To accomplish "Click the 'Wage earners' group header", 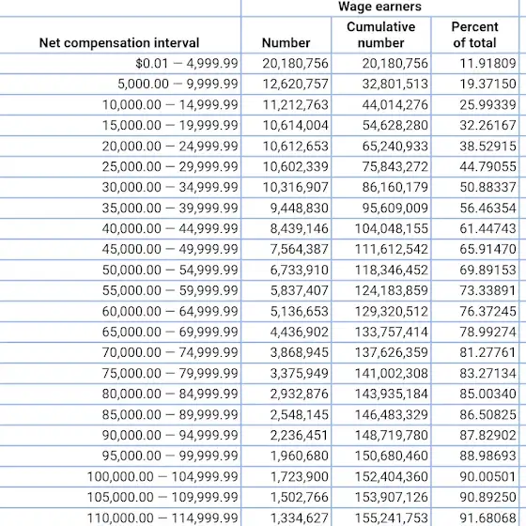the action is tap(379, 7).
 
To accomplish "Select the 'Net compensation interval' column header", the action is tap(119, 42).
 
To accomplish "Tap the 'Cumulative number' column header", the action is tap(380, 35).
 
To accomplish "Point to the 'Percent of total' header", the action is tap(474, 35).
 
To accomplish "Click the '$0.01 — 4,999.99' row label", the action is tap(187, 63).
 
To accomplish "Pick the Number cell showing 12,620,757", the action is tap(295, 84).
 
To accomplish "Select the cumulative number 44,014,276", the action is tap(394, 104).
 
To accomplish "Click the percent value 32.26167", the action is tap(487, 125).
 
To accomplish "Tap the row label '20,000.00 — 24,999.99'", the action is tap(170, 146).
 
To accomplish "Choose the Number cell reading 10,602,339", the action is tap(295, 166).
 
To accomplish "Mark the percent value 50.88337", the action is tap(487, 187).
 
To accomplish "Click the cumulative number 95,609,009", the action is tap(394, 208).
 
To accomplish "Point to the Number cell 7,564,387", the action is tap(300, 249).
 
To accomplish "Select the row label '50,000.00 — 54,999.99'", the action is tap(170, 270).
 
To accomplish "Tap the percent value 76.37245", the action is tap(487, 311).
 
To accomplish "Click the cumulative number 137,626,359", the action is tap(392, 352).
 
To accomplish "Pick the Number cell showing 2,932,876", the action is tap(300, 394).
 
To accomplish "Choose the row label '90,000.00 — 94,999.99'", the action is tap(170, 435).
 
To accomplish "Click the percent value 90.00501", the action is tap(487, 476).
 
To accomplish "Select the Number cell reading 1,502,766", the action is tap(300, 497).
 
